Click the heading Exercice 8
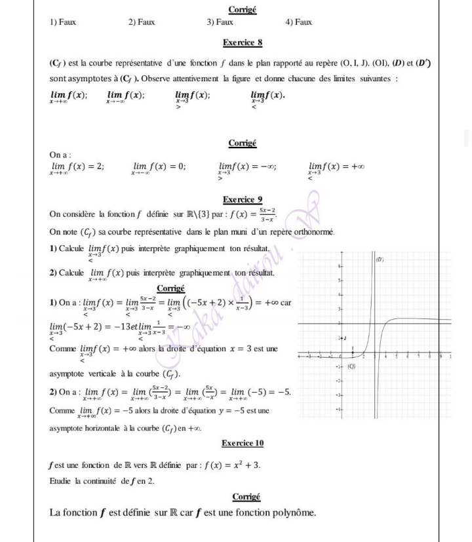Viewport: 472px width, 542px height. point(243,43)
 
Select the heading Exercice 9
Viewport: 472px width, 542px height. point(243,199)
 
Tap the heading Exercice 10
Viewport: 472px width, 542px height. point(243,443)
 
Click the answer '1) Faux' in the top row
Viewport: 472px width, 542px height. point(63,22)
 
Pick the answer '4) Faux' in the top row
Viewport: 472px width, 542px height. point(299,22)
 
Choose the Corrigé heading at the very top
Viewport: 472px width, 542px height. point(243,9)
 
